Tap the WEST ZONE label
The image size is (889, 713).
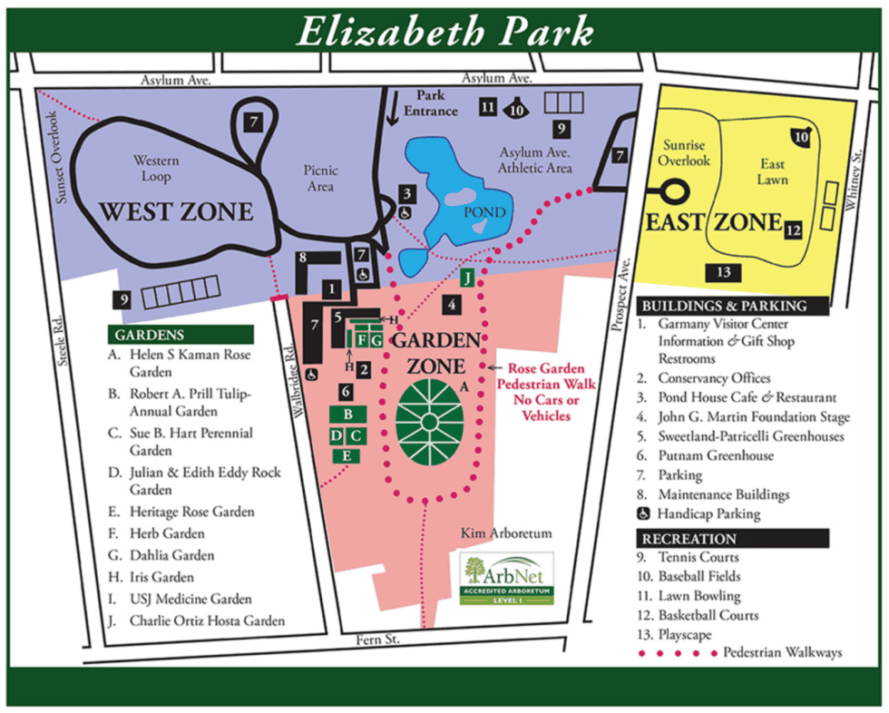(x=176, y=212)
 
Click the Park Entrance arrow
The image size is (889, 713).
(x=394, y=109)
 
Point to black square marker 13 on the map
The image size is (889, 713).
(x=723, y=272)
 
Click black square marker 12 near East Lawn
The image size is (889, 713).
(x=794, y=230)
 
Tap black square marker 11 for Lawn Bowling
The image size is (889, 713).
(x=487, y=107)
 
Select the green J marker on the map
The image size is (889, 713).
(x=468, y=278)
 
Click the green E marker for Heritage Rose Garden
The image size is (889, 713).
(x=347, y=456)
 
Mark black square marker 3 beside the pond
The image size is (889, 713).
(x=408, y=192)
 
